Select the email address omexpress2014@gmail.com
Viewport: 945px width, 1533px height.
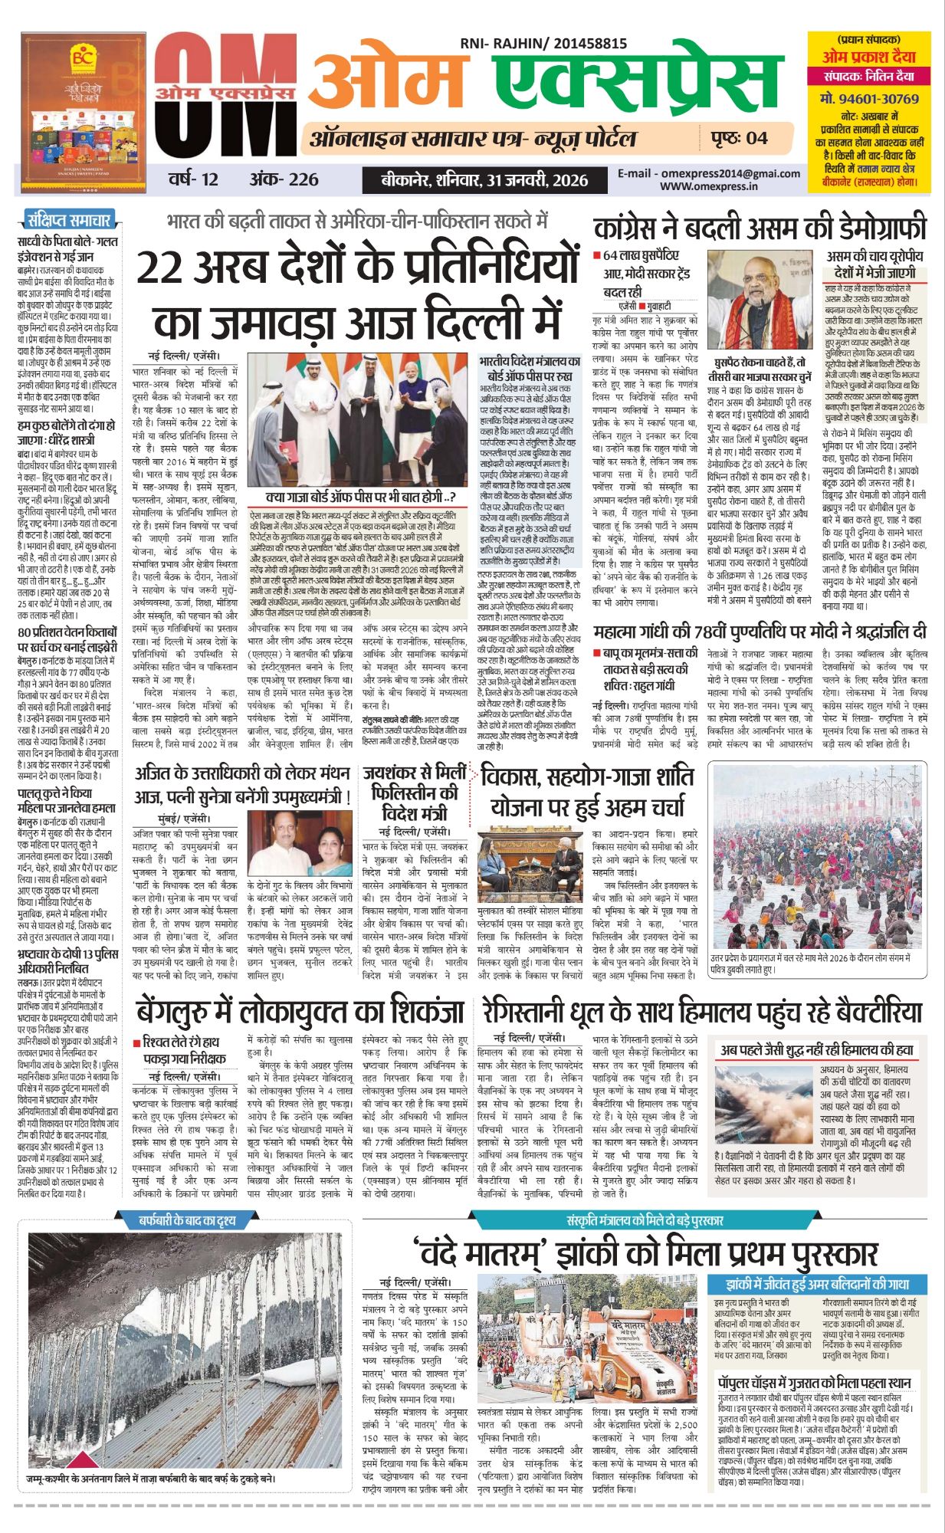[709, 173]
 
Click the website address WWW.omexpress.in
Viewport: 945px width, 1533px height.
[708, 185]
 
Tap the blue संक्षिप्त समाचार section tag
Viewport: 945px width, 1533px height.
[69, 221]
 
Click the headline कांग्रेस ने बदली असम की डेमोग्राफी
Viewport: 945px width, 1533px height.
[760, 228]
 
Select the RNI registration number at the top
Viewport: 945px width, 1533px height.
[543, 44]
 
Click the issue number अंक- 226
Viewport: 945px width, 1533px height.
[284, 179]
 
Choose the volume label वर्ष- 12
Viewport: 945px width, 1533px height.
[193, 179]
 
